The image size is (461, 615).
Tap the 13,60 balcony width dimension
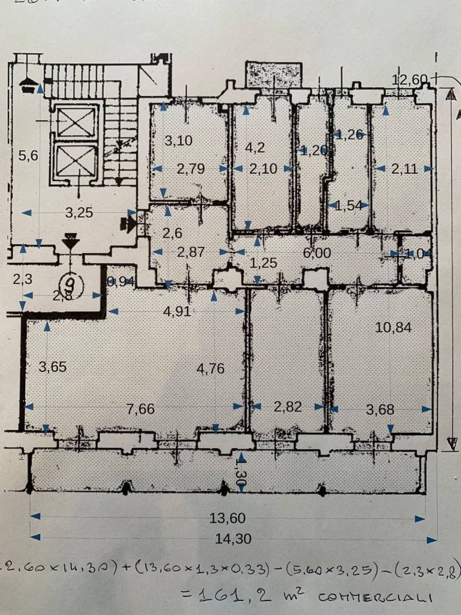point(228,518)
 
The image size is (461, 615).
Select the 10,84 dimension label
point(393,328)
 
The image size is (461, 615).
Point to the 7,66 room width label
point(141,409)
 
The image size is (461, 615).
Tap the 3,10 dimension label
point(178,141)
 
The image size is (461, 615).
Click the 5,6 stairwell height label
point(28,155)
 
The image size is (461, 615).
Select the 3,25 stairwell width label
point(79,213)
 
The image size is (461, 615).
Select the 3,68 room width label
point(380,410)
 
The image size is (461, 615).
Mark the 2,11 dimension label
point(404,169)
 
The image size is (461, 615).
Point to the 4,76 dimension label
point(211,369)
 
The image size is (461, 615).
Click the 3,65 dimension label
point(53,367)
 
